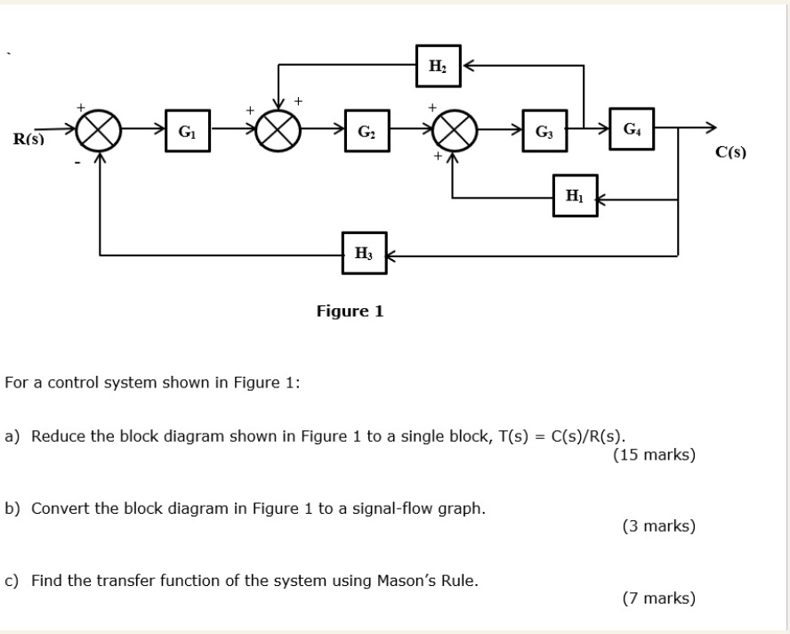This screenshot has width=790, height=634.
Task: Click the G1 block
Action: point(187,133)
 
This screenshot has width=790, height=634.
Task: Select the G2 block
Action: point(367,133)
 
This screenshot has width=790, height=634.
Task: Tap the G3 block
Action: point(543,133)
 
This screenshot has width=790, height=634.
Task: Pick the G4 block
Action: point(631,130)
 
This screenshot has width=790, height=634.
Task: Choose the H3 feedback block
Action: point(363,254)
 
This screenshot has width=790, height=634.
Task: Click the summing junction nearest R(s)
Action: point(98,135)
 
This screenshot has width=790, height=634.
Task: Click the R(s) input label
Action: point(28,139)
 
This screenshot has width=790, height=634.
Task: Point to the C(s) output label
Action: point(730,152)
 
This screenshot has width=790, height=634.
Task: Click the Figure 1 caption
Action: point(350,311)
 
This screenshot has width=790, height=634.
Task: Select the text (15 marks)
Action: point(654,455)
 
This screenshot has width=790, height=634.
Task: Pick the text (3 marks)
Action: point(658,526)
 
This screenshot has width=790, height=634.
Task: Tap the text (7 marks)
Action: point(658,598)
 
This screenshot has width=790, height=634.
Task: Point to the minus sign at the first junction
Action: point(77,164)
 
